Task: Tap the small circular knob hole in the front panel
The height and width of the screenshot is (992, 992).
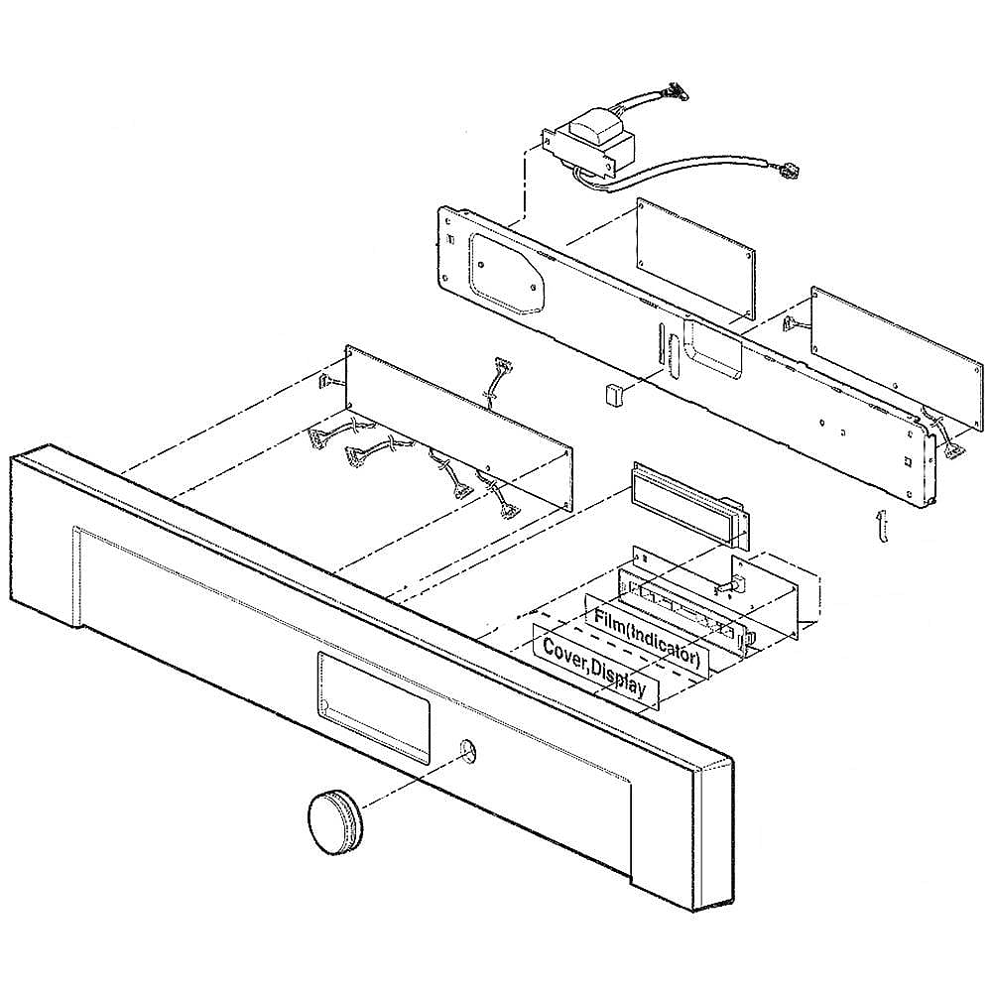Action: click(467, 750)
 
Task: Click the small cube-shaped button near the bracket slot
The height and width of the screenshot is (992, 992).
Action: click(612, 394)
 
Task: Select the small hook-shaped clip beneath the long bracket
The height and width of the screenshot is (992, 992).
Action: click(881, 525)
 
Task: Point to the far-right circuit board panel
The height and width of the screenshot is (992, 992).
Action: click(897, 366)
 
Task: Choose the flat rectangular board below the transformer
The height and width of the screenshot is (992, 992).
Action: click(696, 258)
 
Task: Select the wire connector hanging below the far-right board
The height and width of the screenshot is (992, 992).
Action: click(953, 450)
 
